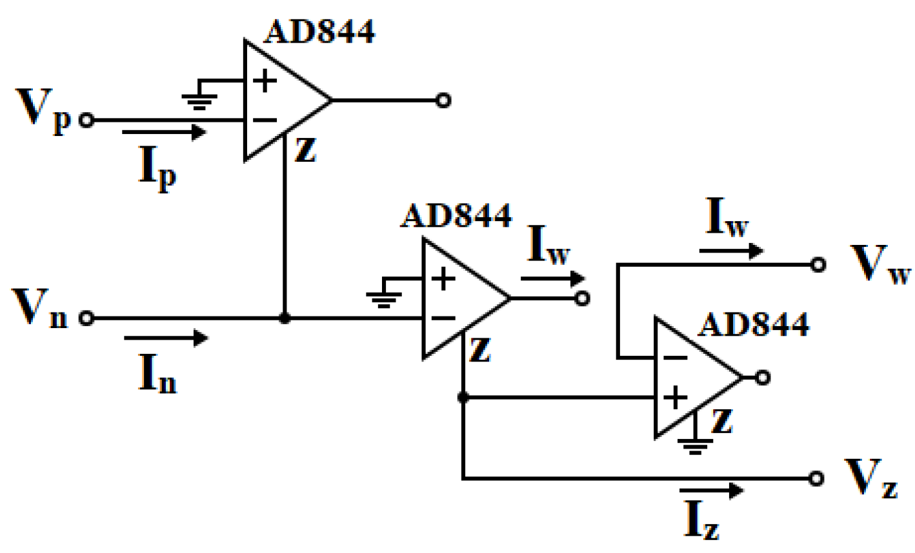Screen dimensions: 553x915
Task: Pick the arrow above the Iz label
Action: tap(711, 490)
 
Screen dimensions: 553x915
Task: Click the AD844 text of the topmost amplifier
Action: tap(319, 31)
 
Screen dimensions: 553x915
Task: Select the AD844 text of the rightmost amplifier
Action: tap(754, 325)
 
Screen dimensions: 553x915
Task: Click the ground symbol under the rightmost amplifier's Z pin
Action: tap(694, 445)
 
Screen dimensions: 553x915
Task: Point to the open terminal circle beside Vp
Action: tap(86, 120)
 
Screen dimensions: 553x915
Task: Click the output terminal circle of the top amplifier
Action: tap(443, 101)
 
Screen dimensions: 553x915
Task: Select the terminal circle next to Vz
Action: tap(817, 478)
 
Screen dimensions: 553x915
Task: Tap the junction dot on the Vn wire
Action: tap(284, 318)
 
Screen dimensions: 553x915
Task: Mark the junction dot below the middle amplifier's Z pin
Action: tap(463, 398)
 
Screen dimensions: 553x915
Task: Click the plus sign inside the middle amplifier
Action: tap(443, 279)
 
